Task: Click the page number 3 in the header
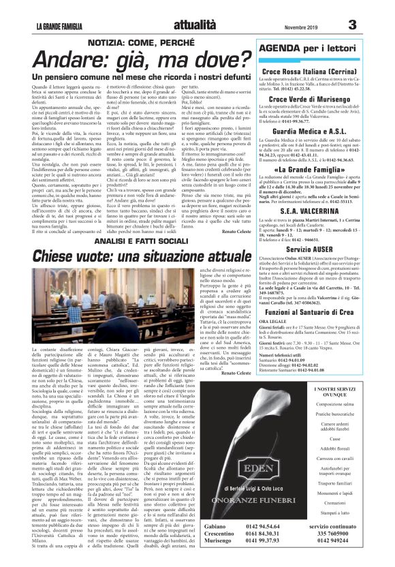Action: tap(371, 25)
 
